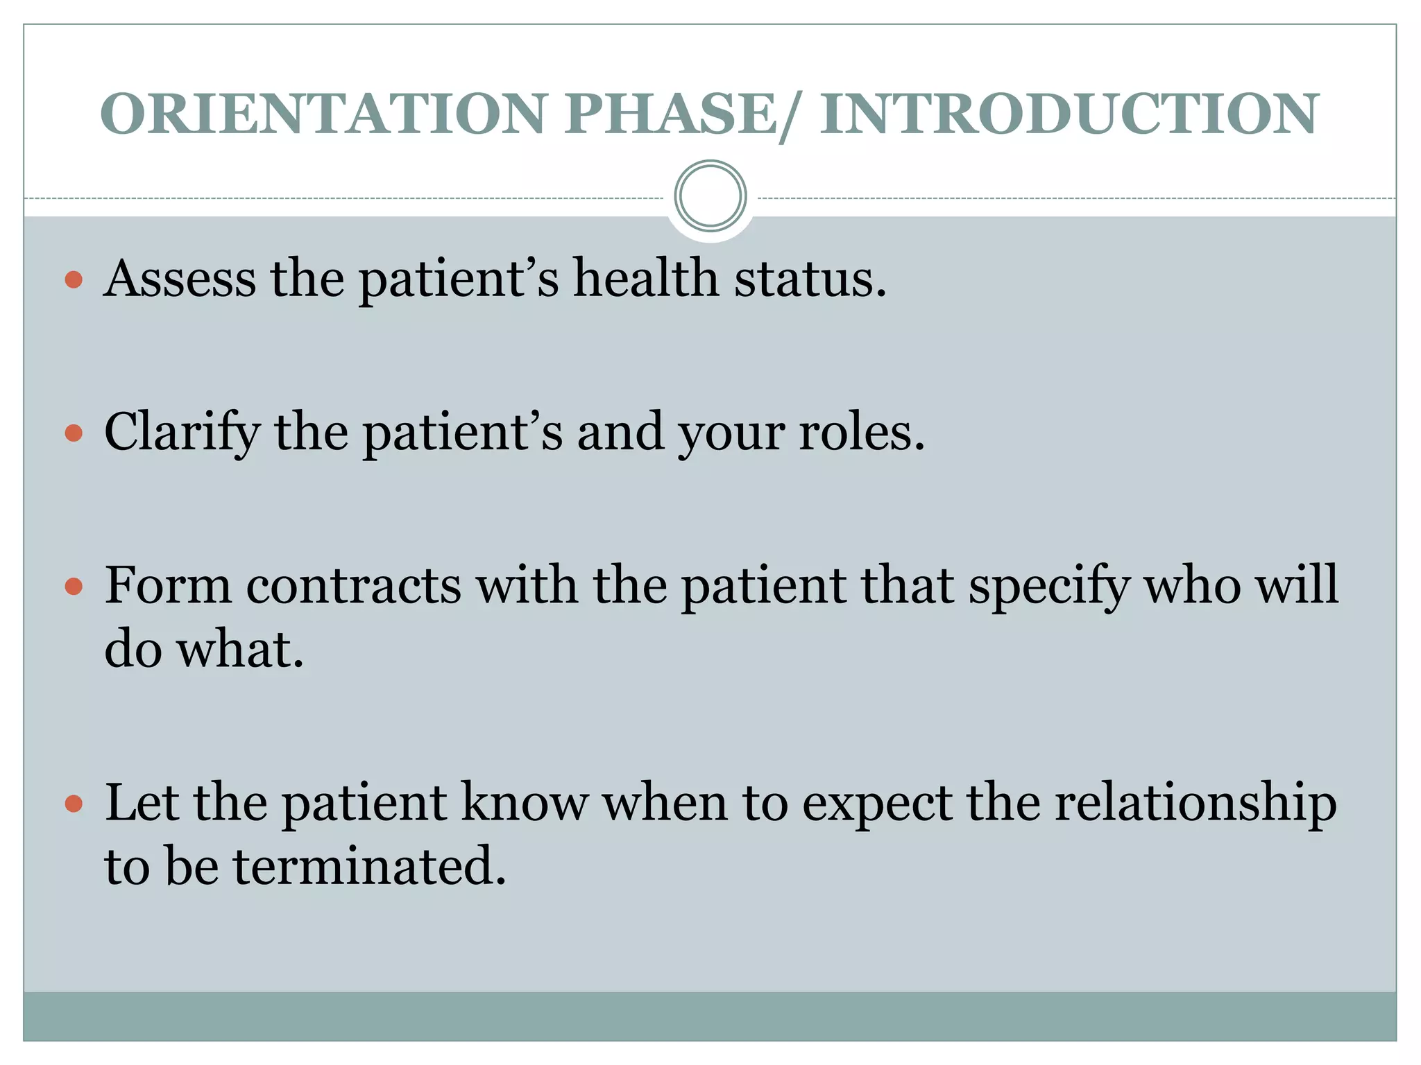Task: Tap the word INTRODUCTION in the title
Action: pyautogui.click(x=1069, y=114)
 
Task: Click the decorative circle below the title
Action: pyautogui.click(x=710, y=196)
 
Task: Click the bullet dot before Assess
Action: pyautogui.click(x=74, y=280)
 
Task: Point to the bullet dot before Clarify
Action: pyautogui.click(x=74, y=433)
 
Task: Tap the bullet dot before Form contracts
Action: pyautogui.click(x=74, y=587)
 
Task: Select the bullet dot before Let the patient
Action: pyautogui.click(x=74, y=804)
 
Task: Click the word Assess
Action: pyautogui.click(x=180, y=279)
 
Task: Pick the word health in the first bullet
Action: pyautogui.click(x=645, y=279)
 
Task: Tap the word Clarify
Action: pyautogui.click(x=182, y=433)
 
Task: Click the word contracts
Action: pyautogui.click(x=353, y=586)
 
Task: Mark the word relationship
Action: pyautogui.click(x=1195, y=804)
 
